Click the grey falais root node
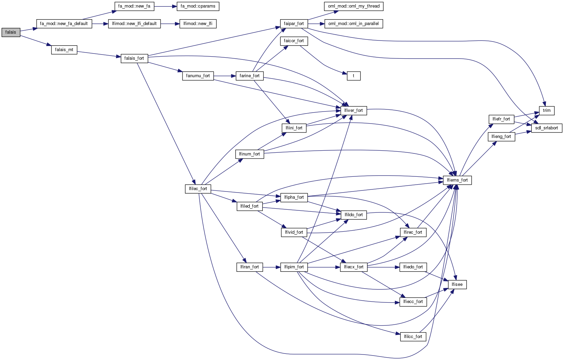point(11,32)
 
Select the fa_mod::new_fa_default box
point(64,24)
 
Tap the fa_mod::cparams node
point(198,6)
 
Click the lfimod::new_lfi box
point(198,24)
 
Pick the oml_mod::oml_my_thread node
point(354,6)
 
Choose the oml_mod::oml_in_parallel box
point(354,24)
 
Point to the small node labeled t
point(354,76)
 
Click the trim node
point(547,111)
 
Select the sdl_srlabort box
point(547,128)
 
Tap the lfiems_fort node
point(457,180)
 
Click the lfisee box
point(457,284)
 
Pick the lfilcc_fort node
point(413,337)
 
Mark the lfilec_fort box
point(198,189)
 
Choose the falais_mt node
point(64,50)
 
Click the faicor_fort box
point(294,41)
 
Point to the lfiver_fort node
point(354,111)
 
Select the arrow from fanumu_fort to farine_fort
point(225,76)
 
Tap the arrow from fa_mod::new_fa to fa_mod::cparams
point(166,6)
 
